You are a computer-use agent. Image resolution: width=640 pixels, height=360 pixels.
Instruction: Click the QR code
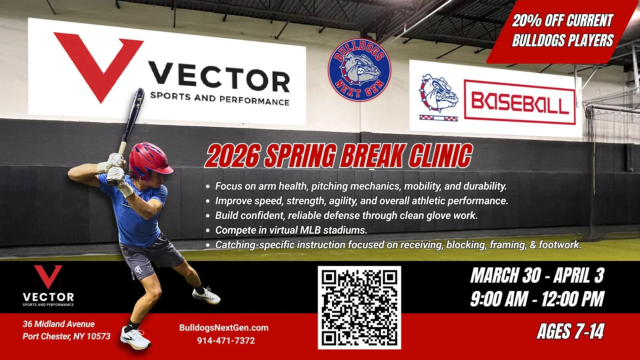tap(359, 307)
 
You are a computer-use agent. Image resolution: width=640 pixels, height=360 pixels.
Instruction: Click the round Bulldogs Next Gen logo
tap(359, 70)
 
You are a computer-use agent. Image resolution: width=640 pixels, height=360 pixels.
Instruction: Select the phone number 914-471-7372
tap(226, 341)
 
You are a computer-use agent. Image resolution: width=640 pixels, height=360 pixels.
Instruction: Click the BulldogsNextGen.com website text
tap(224, 328)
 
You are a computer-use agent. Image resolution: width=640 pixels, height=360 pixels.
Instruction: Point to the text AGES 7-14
tap(570, 332)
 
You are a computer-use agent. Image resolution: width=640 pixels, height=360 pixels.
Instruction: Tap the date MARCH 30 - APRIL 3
tap(537, 276)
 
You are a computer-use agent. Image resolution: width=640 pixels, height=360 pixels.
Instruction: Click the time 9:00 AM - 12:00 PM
tap(537, 299)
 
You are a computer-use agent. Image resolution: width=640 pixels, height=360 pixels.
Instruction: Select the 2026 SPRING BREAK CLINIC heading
tap(339, 156)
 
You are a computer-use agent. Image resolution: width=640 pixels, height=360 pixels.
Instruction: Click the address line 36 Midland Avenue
tap(59, 324)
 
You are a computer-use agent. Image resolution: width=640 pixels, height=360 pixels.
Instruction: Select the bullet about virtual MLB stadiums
tap(291, 230)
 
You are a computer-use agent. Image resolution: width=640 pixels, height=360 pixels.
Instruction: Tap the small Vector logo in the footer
tap(48, 285)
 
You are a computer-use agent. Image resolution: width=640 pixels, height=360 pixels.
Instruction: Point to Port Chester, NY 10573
tap(66, 336)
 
